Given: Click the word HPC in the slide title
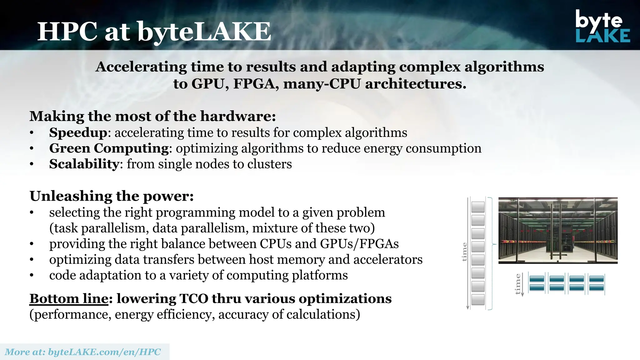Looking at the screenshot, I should tap(67, 32).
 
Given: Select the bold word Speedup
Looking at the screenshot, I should tap(78, 132).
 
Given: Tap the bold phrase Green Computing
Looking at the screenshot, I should tap(109, 148).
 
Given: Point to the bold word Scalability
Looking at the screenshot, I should tap(84, 164).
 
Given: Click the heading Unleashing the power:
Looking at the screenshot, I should tap(112, 196).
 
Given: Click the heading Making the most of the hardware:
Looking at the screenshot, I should tap(152, 116).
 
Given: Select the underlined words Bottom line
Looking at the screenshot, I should tap(69, 299).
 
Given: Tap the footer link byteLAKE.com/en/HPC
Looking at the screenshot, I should tap(104, 352).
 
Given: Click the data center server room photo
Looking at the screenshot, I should tap(557, 230).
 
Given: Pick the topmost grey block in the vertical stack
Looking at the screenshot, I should tap(478, 207).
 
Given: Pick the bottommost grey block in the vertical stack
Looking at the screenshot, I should tap(478, 299).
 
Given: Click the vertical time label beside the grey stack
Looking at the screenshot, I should tap(464, 252).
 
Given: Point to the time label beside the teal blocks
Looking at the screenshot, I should tap(518, 284).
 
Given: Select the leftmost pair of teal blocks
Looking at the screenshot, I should tap(537, 283).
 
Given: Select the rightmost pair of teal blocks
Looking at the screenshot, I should tap(596, 283).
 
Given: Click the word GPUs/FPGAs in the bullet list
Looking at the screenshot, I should tap(359, 244).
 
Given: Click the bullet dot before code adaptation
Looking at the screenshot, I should tap(32, 276).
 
